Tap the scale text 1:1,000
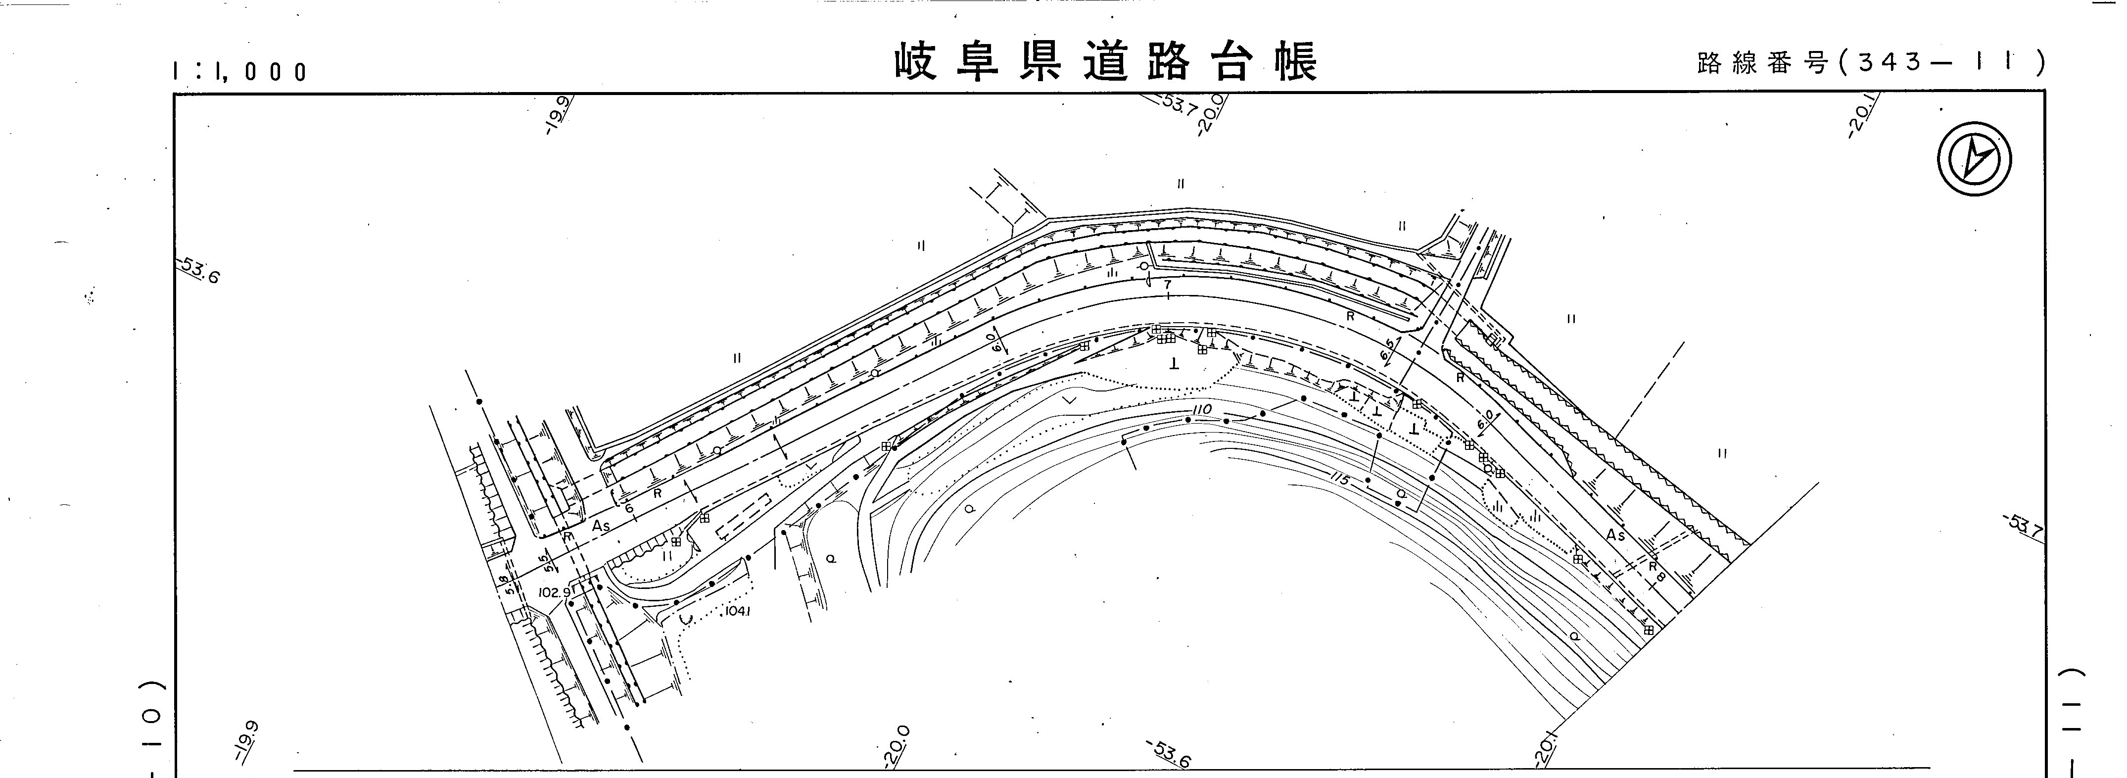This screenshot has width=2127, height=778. tap(239, 72)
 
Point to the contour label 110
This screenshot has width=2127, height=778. tap(1201, 410)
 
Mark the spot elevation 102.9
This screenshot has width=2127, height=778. tap(554, 592)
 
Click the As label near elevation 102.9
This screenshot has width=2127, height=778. tap(600, 525)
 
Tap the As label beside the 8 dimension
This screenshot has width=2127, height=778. tap(1615, 536)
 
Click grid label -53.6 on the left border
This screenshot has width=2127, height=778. tap(199, 270)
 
